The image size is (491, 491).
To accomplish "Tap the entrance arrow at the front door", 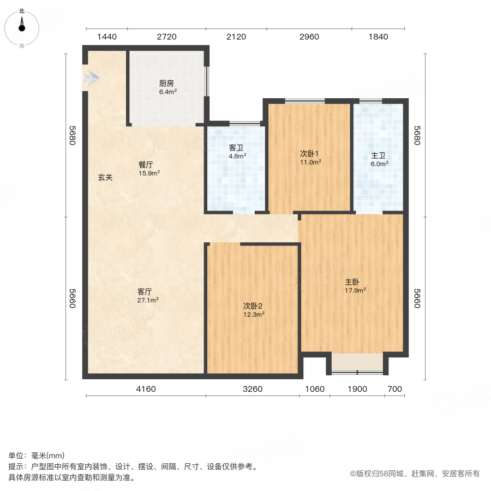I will click(91, 79).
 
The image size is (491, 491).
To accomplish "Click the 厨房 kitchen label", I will click(166, 83).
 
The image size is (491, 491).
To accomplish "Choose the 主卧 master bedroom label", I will click(352, 282).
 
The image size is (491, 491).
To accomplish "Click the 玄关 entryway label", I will click(105, 177).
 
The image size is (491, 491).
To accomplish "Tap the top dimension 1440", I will click(107, 37).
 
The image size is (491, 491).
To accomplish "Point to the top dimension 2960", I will click(309, 37).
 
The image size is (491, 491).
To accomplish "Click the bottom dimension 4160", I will click(146, 389).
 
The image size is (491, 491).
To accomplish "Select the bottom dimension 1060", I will click(315, 389).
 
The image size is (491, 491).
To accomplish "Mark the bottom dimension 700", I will click(394, 389).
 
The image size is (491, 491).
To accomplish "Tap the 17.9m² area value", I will click(355, 290).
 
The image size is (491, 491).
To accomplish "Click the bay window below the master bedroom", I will click(357, 363).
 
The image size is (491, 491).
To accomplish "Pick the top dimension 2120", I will click(236, 37).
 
